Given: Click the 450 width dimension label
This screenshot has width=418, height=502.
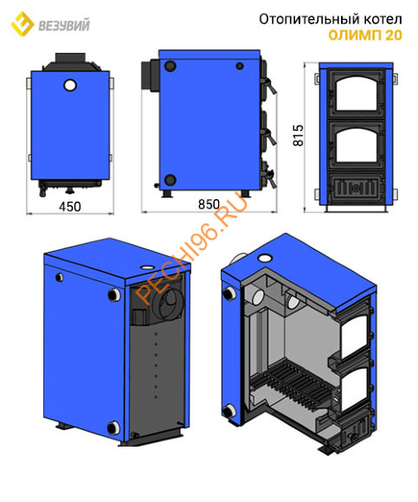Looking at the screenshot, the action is coord(70,207).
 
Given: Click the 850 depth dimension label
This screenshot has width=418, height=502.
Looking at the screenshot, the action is coord(209,204).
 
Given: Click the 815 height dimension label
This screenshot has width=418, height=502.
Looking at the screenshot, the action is coord(298,135).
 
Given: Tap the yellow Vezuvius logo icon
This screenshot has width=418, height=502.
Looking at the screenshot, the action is coord(23,24).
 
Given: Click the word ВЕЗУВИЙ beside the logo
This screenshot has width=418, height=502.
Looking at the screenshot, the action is coord(64,26).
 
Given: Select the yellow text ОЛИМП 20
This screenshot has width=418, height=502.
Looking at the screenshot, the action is coord(365,35).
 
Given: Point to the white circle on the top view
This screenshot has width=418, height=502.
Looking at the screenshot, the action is coord(70,85).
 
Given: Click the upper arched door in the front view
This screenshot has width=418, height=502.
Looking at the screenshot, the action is coord(356,94).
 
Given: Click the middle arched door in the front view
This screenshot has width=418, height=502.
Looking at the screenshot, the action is coord(356,146).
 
